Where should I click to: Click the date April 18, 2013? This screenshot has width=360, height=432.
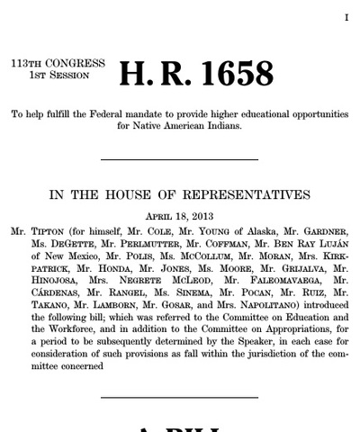point(179,216)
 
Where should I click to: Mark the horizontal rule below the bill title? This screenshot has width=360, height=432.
point(179,160)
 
